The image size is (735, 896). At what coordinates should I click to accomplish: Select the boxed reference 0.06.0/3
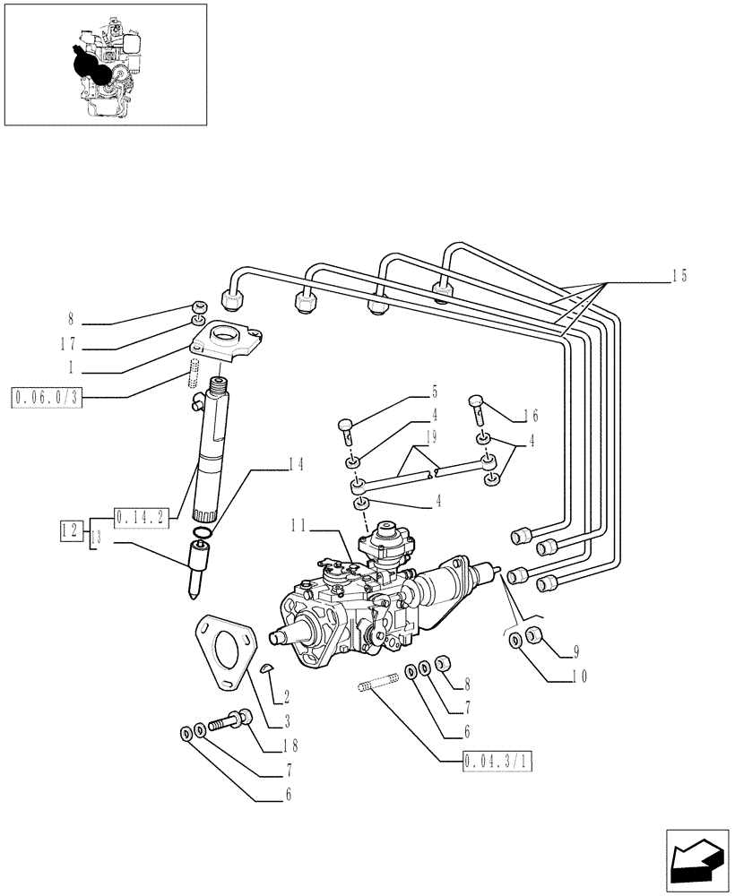(x=48, y=397)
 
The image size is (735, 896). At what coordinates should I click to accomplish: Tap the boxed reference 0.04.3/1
(x=499, y=762)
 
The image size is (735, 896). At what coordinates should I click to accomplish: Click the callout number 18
(x=290, y=744)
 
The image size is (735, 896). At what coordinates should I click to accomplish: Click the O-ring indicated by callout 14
(x=203, y=535)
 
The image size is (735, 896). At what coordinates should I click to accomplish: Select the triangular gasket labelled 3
(x=220, y=650)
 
